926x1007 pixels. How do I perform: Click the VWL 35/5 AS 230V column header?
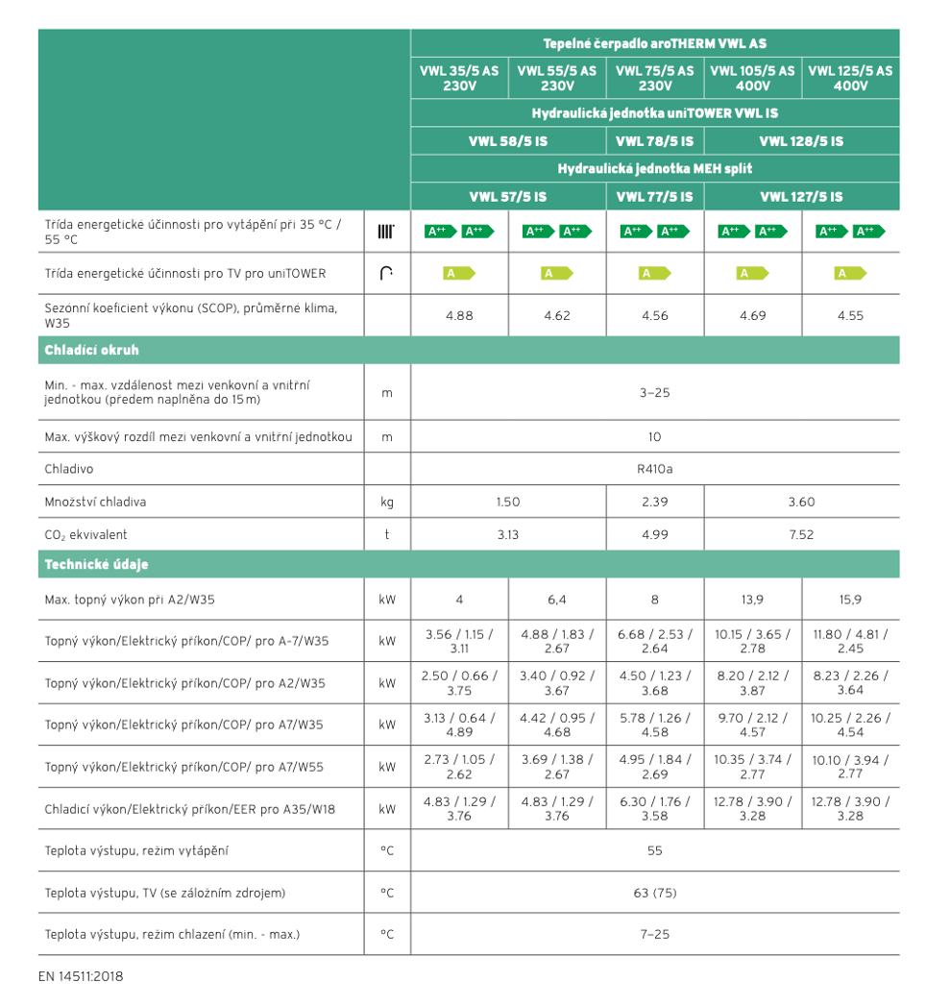459,78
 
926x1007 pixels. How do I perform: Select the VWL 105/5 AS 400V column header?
752,78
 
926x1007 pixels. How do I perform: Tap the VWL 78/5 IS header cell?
654,141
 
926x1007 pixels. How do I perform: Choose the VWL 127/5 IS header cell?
801,197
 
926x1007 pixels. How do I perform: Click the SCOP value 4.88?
459,315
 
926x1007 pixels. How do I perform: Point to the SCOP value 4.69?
752,315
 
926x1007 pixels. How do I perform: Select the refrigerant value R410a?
654,470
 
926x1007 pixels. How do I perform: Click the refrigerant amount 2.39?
654,502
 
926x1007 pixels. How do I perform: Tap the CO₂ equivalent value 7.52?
801,534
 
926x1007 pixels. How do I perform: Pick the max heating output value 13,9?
752,600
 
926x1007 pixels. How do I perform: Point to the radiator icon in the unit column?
386,232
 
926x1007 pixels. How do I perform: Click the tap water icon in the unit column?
386,274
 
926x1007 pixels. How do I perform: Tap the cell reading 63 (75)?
654,893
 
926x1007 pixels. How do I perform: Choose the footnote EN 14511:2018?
81,976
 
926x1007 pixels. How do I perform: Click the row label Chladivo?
69,470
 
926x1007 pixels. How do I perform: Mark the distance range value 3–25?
654,392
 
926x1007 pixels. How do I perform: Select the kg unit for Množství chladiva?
387,502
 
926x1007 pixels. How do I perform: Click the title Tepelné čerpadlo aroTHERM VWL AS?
654,44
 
